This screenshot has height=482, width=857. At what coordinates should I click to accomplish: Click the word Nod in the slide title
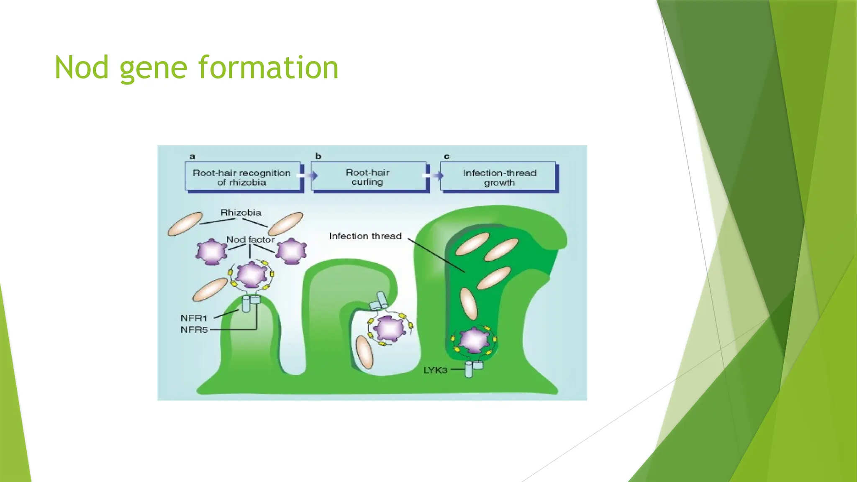tap(82, 68)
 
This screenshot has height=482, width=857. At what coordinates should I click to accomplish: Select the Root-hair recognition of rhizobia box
tap(242, 177)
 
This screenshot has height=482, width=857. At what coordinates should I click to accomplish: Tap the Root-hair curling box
tap(367, 177)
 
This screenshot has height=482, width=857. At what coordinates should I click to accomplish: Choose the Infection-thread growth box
tap(499, 177)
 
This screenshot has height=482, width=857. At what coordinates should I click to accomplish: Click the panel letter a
tap(192, 156)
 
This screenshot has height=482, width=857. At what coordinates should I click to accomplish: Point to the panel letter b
tap(318, 156)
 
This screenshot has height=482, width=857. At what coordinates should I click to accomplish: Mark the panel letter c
tap(446, 156)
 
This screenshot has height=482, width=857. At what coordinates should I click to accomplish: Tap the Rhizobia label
tap(241, 213)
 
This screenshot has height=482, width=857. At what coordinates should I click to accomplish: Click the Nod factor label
tap(250, 239)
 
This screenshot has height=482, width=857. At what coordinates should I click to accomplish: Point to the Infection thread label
tap(365, 236)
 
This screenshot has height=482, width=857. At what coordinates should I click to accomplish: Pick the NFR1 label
tap(194, 318)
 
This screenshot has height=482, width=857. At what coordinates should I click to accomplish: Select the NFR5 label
tap(194, 330)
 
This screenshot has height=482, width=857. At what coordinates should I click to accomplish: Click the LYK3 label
tap(435, 370)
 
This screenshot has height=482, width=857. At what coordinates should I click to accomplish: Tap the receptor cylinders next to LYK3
tap(473, 369)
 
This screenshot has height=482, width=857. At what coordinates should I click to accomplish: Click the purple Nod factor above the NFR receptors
tap(251, 274)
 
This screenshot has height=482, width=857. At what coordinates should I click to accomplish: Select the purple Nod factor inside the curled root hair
tap(390, 328)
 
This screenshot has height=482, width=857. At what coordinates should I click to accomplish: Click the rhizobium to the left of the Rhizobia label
tap(185, 224)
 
